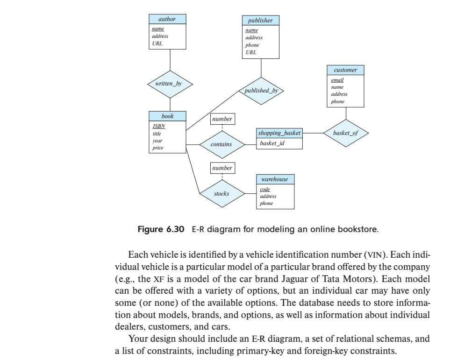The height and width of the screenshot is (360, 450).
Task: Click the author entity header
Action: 167,19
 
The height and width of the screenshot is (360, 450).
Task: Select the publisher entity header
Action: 260,21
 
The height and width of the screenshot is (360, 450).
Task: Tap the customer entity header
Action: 345,70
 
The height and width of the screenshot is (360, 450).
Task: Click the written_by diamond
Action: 170,84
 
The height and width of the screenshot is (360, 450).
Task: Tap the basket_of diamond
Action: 346,133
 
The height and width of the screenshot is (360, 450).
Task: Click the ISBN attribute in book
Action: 159,126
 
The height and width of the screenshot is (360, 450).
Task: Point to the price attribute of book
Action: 157,148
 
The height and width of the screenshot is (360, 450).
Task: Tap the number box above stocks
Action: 222,168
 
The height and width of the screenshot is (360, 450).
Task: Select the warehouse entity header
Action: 276,179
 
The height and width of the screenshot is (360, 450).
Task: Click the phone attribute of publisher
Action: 252,45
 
